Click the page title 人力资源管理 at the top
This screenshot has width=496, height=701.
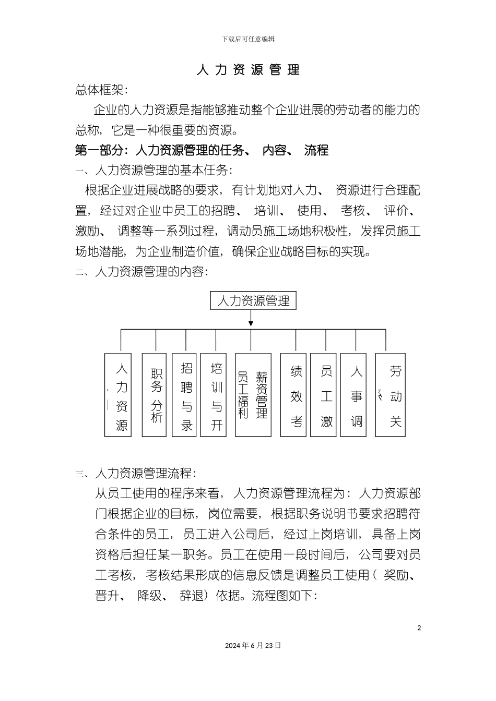click(248, 70)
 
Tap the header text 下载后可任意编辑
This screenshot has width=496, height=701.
click(248, 39)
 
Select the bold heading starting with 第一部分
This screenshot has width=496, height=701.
click(202, 150)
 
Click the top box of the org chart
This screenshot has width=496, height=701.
click(253, 301)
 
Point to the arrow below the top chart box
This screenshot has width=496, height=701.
click(251, 319)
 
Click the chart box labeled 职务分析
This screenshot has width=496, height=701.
click(156, 395)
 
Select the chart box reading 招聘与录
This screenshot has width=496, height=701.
click(186, 395)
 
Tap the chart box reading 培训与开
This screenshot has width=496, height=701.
click(217, 395)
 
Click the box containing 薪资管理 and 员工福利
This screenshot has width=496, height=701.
click(253, 395)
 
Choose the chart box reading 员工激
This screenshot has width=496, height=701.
click(326, 395)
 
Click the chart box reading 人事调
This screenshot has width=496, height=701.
click(357, 395)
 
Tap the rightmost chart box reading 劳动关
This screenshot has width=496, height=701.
click(391, 395)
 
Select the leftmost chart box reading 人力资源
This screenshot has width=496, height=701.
click(119, 395)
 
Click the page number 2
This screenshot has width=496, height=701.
click(419, 627)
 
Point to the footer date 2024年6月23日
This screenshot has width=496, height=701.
click(253, 645)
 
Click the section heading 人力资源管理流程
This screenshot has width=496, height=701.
click(145, 474)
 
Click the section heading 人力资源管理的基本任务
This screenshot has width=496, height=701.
click(162, 170)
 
